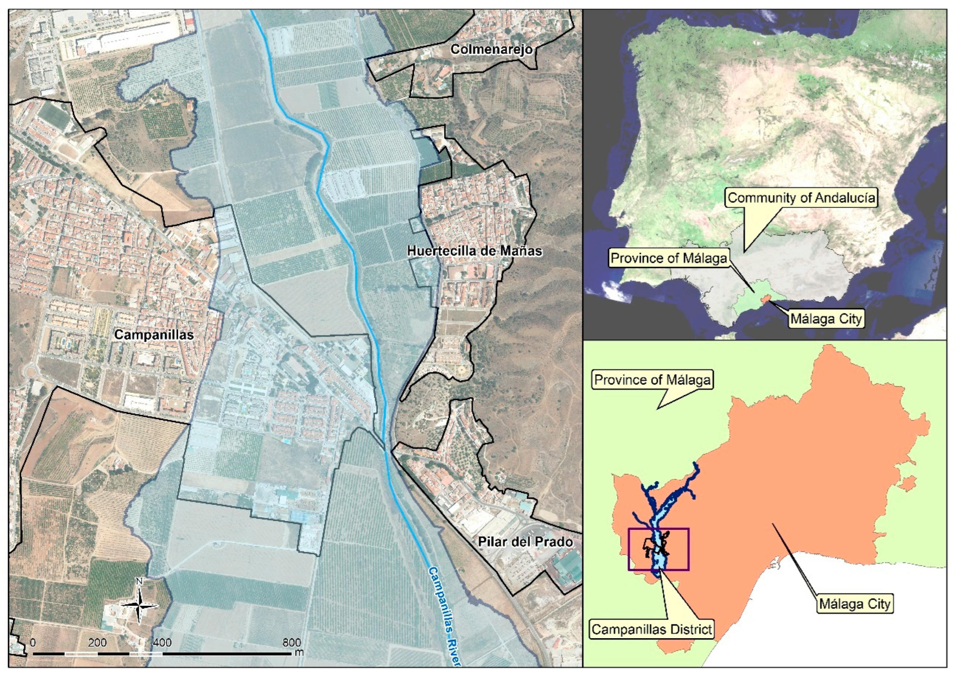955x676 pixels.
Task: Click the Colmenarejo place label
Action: (x=491, y=50)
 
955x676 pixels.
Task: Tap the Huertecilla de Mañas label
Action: (x=475, y=251)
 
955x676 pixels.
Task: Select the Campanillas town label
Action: (x=154, y=335)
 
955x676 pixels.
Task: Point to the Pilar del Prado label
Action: (x=525, y=542)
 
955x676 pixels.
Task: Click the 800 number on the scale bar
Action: (x=291, y=642)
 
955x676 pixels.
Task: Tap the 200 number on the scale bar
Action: (x=97, y=642)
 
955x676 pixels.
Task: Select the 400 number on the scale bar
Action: (x=162, y=642)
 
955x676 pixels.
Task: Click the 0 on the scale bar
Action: (x=33, y=642)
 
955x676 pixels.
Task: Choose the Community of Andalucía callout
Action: (x=801, y=198)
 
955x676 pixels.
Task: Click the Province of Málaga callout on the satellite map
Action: (x=669, y=259)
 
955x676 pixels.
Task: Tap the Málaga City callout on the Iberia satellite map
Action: (x=826, y=319)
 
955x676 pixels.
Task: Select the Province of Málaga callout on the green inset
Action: (x=652, y=380)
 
